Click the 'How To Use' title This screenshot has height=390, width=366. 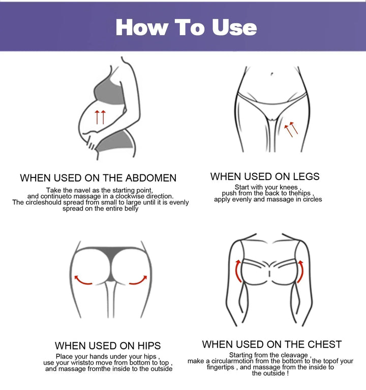186,27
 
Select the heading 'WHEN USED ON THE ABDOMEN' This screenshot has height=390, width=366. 98,178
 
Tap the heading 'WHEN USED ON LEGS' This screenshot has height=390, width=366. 265,176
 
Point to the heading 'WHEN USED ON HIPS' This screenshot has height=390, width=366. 108,346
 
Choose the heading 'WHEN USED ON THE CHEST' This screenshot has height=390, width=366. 271,344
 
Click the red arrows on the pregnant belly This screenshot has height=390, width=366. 100,117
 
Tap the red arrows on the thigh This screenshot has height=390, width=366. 291,129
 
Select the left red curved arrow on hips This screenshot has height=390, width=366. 83,280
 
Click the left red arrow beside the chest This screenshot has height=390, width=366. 238,271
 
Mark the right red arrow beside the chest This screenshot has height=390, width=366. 300,271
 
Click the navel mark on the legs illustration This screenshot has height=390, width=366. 272,74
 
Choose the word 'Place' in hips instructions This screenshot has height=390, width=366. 65,356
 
